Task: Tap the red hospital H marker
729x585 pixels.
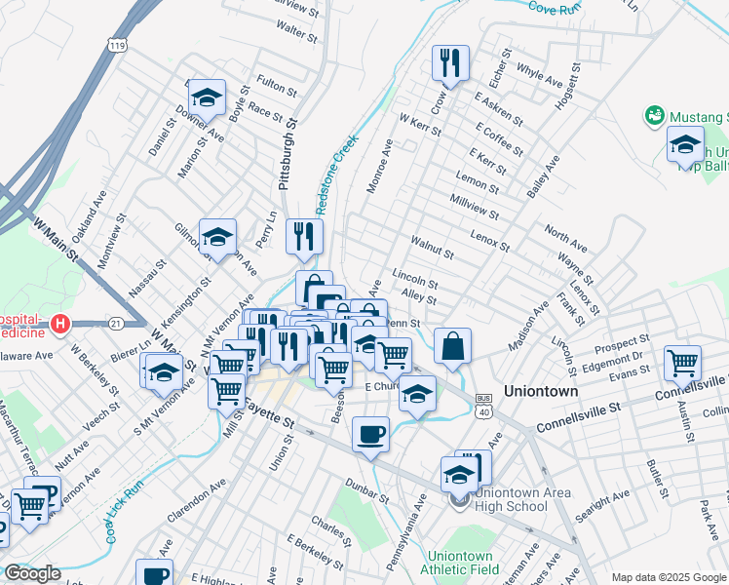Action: point(60,323)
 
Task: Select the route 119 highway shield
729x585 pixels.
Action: point(118,46)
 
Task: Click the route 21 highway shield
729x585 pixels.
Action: point(116,323)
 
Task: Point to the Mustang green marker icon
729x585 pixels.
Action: point(655,116)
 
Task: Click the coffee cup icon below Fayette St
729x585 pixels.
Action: point(370,433)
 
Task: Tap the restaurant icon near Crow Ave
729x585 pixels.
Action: point(450,63)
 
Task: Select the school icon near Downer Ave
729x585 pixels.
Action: point(206,97)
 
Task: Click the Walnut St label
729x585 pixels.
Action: point(432,247)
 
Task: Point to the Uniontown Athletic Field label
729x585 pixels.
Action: point(458,563)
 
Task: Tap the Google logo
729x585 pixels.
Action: point(31,573)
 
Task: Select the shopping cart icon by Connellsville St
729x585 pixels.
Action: point(683,364)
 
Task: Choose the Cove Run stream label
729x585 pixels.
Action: point(555,7)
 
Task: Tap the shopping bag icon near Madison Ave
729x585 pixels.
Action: point(453,346)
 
